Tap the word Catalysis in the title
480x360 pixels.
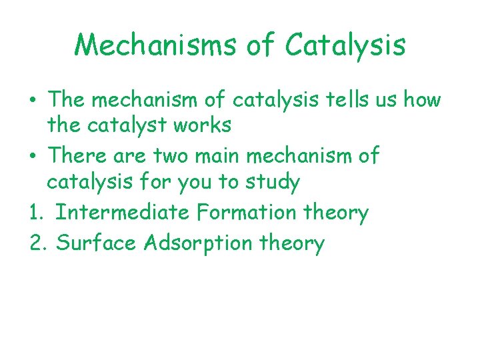[x=345, y=45]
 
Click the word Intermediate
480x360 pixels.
[x=123, y=213]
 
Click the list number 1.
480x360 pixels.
[x=35, y=213]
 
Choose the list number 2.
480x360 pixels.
[x=36, y=243]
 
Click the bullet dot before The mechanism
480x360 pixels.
[x=33, y=101]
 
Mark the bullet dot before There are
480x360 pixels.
[x=33, y=157]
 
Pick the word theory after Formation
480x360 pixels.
[x=336, y=213]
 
